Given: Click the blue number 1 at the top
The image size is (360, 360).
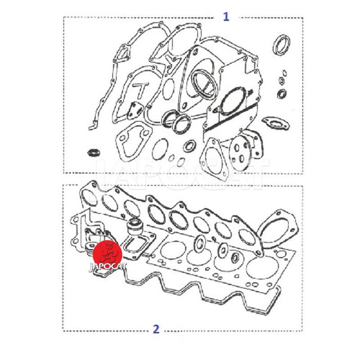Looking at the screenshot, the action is point(226,17).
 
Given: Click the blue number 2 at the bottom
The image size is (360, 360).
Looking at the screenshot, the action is point(156,329).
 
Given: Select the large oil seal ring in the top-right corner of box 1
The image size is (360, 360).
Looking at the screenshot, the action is point(281,45).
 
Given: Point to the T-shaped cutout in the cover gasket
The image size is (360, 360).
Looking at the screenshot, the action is point(140,89).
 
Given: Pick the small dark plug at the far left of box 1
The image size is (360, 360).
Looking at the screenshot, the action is point(94,153).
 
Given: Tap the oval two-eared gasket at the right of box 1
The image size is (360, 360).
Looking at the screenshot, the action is point(275,123).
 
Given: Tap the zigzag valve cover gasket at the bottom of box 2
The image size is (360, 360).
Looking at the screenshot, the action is point(202,293).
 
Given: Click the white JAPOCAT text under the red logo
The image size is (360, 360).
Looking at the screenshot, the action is point(108,267).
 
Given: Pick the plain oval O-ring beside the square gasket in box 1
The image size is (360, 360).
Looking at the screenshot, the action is point(160,149).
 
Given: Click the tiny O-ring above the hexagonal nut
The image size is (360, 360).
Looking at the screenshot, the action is point(284,73).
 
